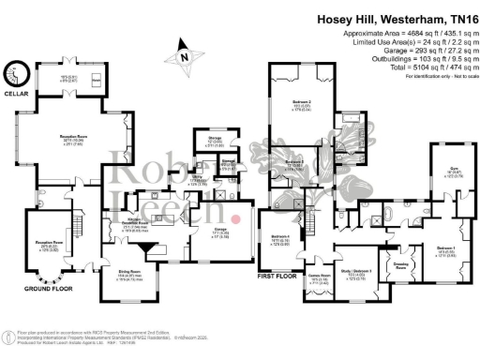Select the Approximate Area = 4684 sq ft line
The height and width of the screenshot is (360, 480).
tap(395, 32)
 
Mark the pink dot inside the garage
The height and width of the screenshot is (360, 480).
tap(235, 218)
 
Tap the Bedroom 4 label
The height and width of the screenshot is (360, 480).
tap(280, 235)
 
